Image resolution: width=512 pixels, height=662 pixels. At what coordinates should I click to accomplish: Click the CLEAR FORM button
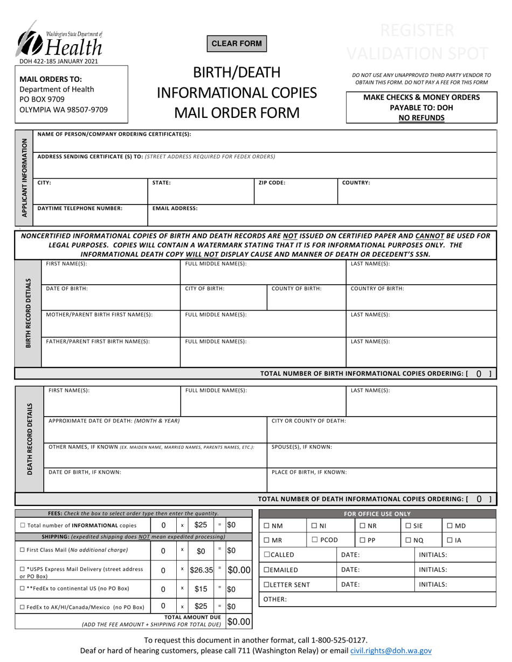[x=237, y=44]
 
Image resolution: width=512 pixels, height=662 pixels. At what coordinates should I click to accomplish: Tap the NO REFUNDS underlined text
[x=421, y=117]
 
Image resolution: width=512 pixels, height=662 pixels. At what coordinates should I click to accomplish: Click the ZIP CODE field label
[x=272, y=183]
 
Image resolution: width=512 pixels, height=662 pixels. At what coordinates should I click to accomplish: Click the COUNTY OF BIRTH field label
[x=296, y=288]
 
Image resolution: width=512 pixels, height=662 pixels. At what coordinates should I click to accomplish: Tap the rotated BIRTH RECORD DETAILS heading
[x=29, y=313]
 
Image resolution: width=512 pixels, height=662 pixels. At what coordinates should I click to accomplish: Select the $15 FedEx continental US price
[x=201, y=589]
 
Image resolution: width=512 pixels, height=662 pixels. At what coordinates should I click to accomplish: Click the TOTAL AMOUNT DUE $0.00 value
[x=239, y=622]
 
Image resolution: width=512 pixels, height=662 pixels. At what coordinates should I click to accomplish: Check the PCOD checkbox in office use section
[x=314, y=540]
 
